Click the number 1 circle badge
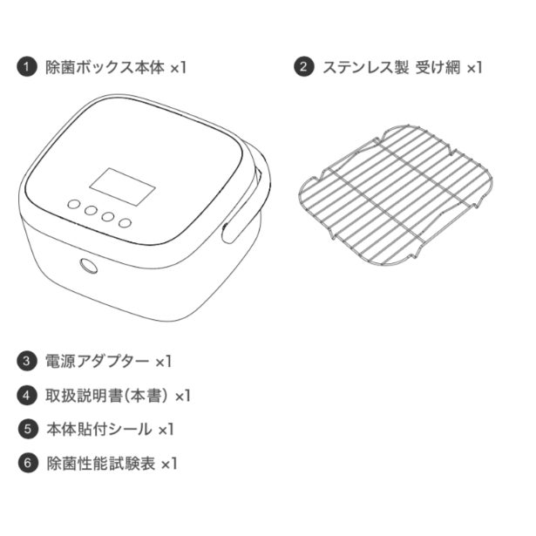point(27,67)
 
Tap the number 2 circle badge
point(303,66)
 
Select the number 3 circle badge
point(27,362)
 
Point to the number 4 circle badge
point(27,396)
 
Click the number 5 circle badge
point(28,429)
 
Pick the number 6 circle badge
point(28,463)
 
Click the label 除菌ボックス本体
point(105,67)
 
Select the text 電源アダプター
point(98,362)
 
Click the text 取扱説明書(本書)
point(107,396)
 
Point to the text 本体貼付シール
point(99,429)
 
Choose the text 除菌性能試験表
point(101,463)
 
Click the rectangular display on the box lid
point(122,187)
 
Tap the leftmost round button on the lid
point(74,205)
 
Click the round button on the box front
point(89,266)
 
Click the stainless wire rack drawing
point(396,195)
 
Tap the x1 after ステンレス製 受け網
point(474,67)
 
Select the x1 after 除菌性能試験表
point(169,464)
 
